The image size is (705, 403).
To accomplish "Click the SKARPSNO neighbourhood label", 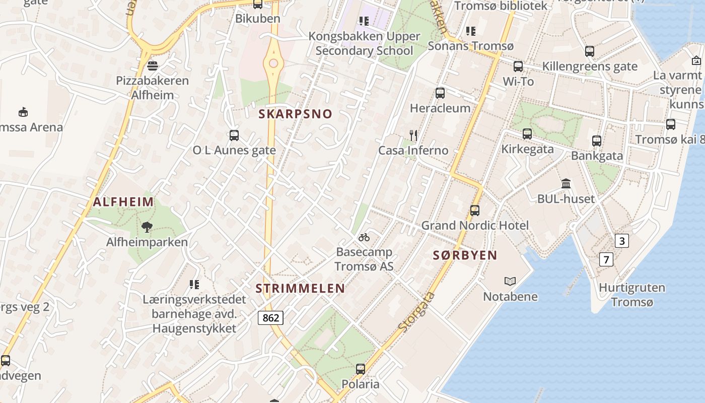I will (296, 114).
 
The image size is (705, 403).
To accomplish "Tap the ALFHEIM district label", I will (123, 203).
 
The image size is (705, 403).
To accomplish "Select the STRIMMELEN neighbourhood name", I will (300, 289).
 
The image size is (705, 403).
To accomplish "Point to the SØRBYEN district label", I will (465, 255).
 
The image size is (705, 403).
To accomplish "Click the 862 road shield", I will (270, 318).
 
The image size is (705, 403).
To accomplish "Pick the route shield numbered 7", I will (606, 260).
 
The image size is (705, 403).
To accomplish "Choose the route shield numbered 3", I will (622, 241).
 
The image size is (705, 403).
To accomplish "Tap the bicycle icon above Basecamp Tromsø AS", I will (364, 237).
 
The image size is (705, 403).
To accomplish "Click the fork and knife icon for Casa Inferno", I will (413, 135).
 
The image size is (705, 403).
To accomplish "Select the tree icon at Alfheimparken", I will (147, 227).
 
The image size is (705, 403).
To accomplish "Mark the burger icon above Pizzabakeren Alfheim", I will (152, 66).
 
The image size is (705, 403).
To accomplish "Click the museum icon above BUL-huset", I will (566, 184).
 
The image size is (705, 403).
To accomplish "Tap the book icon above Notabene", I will (510, 281).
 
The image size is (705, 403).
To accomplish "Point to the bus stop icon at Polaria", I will (361, 369).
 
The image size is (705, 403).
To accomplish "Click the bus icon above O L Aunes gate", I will (234, 135).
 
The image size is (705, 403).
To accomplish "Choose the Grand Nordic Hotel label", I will (475, 225).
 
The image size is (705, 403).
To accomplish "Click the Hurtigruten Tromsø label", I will (632, 295).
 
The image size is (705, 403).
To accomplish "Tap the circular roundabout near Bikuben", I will (273, 63).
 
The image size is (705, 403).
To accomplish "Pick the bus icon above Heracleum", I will (440, 93).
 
